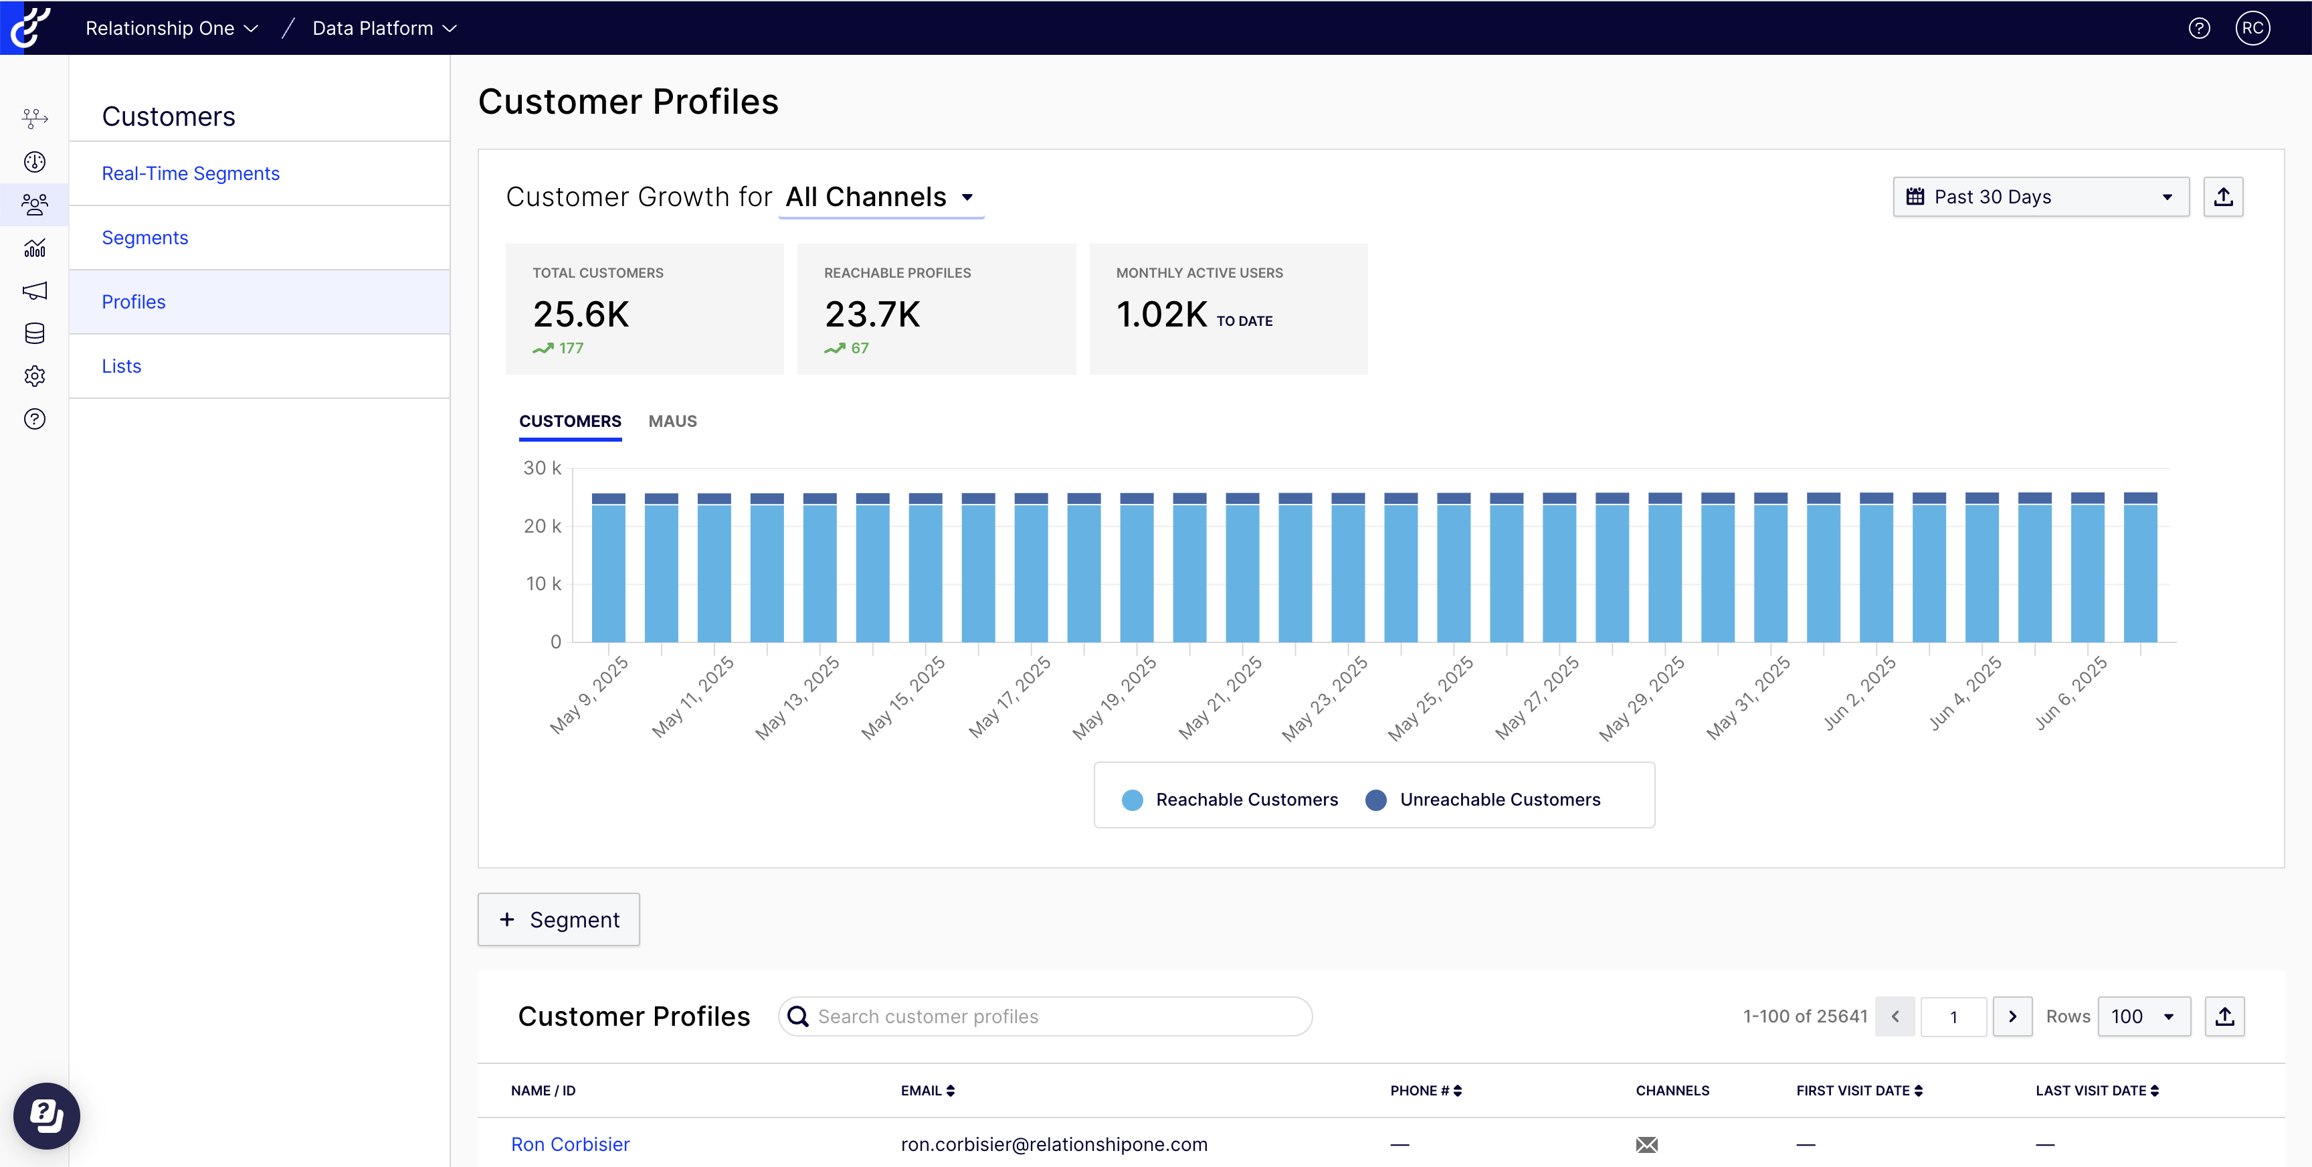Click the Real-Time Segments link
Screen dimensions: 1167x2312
coord(190,173)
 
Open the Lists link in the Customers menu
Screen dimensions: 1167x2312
coord(121,366)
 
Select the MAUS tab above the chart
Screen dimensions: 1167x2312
coord(672,421)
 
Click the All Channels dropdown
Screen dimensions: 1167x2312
coord(880,197)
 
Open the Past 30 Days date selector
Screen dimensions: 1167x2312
coord(2040,197)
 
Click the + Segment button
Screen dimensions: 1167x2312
coord(558,919)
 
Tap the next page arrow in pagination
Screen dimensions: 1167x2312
coord(2012,1016)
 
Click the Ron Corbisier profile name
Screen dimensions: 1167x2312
coord(570,1144)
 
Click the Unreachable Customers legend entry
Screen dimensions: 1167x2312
coord(1499,799)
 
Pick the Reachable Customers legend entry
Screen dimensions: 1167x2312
coord(1246,799)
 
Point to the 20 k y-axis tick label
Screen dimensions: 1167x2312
coord(542,526)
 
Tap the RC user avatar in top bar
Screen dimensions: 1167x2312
coord(2252,28)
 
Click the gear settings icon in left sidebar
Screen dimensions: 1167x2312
coord(35,376)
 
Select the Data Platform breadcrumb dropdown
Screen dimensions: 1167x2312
coord(384,28)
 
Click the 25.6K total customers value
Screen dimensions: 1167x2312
coord(581,315)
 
